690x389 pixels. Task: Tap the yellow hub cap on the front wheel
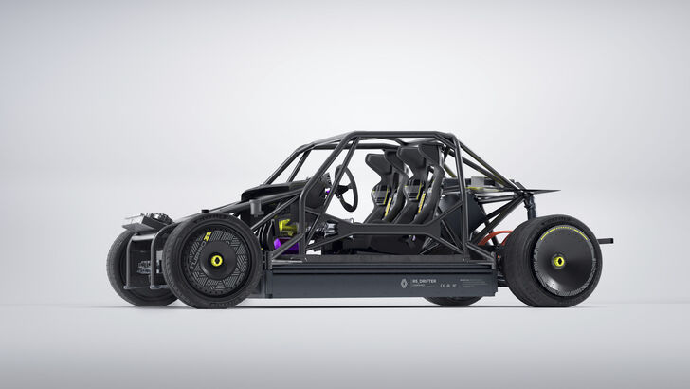pyautogui.click(x=217, y=260)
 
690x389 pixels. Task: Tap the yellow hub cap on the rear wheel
pyautogui.click(x=558, y=261)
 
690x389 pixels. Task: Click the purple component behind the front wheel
pyautogui.click(x=281, y=245)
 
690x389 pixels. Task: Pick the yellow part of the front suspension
pyautogui.click(x=282, y=228)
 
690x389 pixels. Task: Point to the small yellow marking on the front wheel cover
pyautogui.click(x=208, y=235)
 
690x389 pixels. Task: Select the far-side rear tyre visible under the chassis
pyautogui.click(x=453, y=301)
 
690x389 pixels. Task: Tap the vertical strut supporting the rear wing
pyautogui.click(x=531, y=204)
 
